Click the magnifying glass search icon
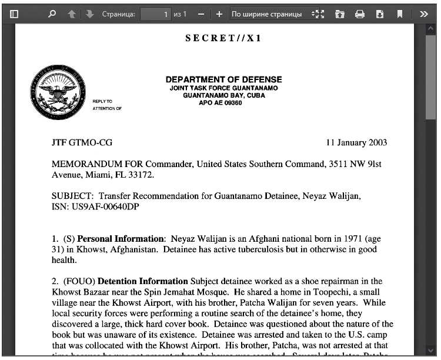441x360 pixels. click(x=52, y=14)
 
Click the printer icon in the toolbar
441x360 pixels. click(x=360, y=14)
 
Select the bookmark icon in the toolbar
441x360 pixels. click(x=400, y=14)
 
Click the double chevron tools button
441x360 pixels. click(x=423, y=14)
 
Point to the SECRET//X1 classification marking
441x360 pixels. click(x=223, y=38)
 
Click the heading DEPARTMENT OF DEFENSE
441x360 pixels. click(x=223, y=79)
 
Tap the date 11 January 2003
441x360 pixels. click(x=356, y=143)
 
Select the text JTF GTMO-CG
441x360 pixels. click(x=82, y=143)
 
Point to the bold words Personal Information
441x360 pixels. click(x=121, y=239)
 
